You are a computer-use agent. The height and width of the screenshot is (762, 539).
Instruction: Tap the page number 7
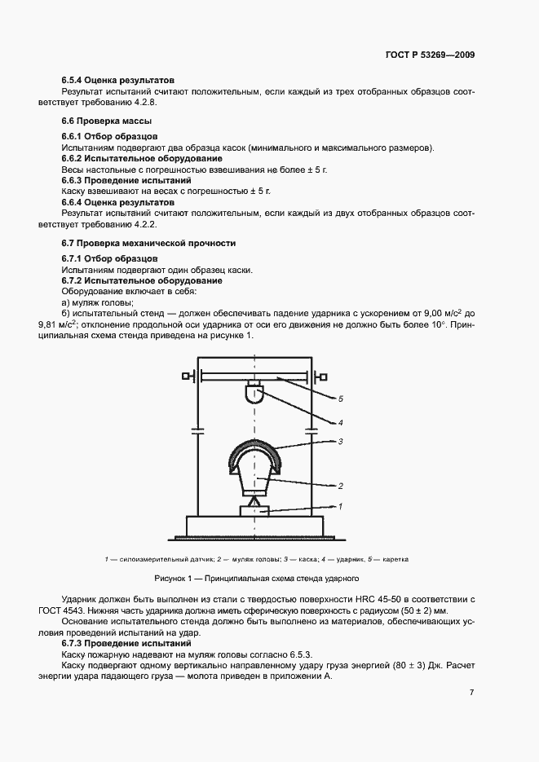[472, 693]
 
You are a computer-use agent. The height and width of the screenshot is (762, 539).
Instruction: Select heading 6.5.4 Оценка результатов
[117, 81]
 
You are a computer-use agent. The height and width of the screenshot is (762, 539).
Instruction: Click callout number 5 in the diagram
[340, 399]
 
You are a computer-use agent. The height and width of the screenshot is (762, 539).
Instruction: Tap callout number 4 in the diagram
[340, 422]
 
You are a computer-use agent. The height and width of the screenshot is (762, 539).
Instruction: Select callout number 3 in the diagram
[340, 442]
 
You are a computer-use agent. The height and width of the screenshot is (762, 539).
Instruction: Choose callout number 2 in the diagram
[340, 486]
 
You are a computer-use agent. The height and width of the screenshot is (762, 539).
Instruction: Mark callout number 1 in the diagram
[340, 506]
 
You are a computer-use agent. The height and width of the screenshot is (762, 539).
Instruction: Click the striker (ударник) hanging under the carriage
[254, 395]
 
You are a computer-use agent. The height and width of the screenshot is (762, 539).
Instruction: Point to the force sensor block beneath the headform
[254, 509]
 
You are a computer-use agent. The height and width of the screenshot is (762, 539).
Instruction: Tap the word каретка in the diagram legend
[394, 559]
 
